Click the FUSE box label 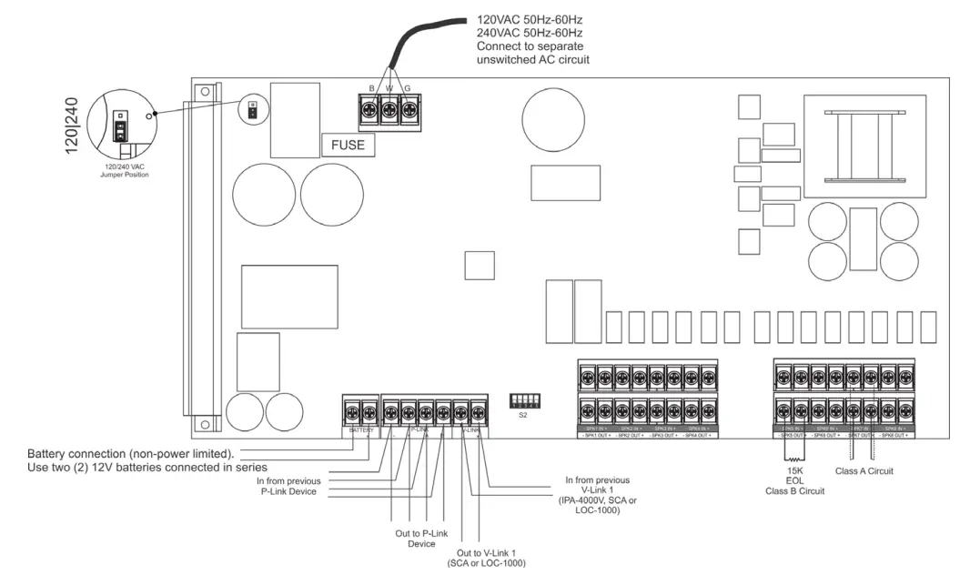348,145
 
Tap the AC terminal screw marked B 371,111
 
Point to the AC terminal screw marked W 389,111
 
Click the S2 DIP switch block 523,401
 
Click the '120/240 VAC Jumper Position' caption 124,170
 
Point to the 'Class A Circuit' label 864,471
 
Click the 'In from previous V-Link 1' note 597,495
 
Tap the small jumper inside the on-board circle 251,110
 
